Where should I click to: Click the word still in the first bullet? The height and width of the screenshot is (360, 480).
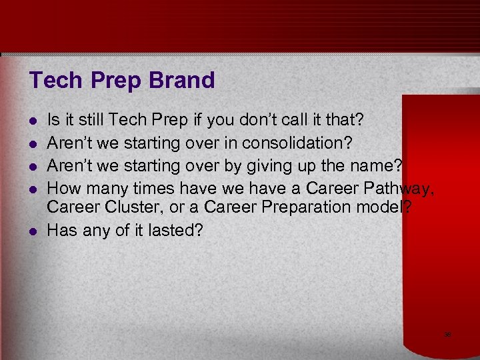coord(93,120)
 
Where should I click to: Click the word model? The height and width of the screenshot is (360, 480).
coord(388,207)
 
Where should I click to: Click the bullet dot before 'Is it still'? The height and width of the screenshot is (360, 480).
coord(33,121)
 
